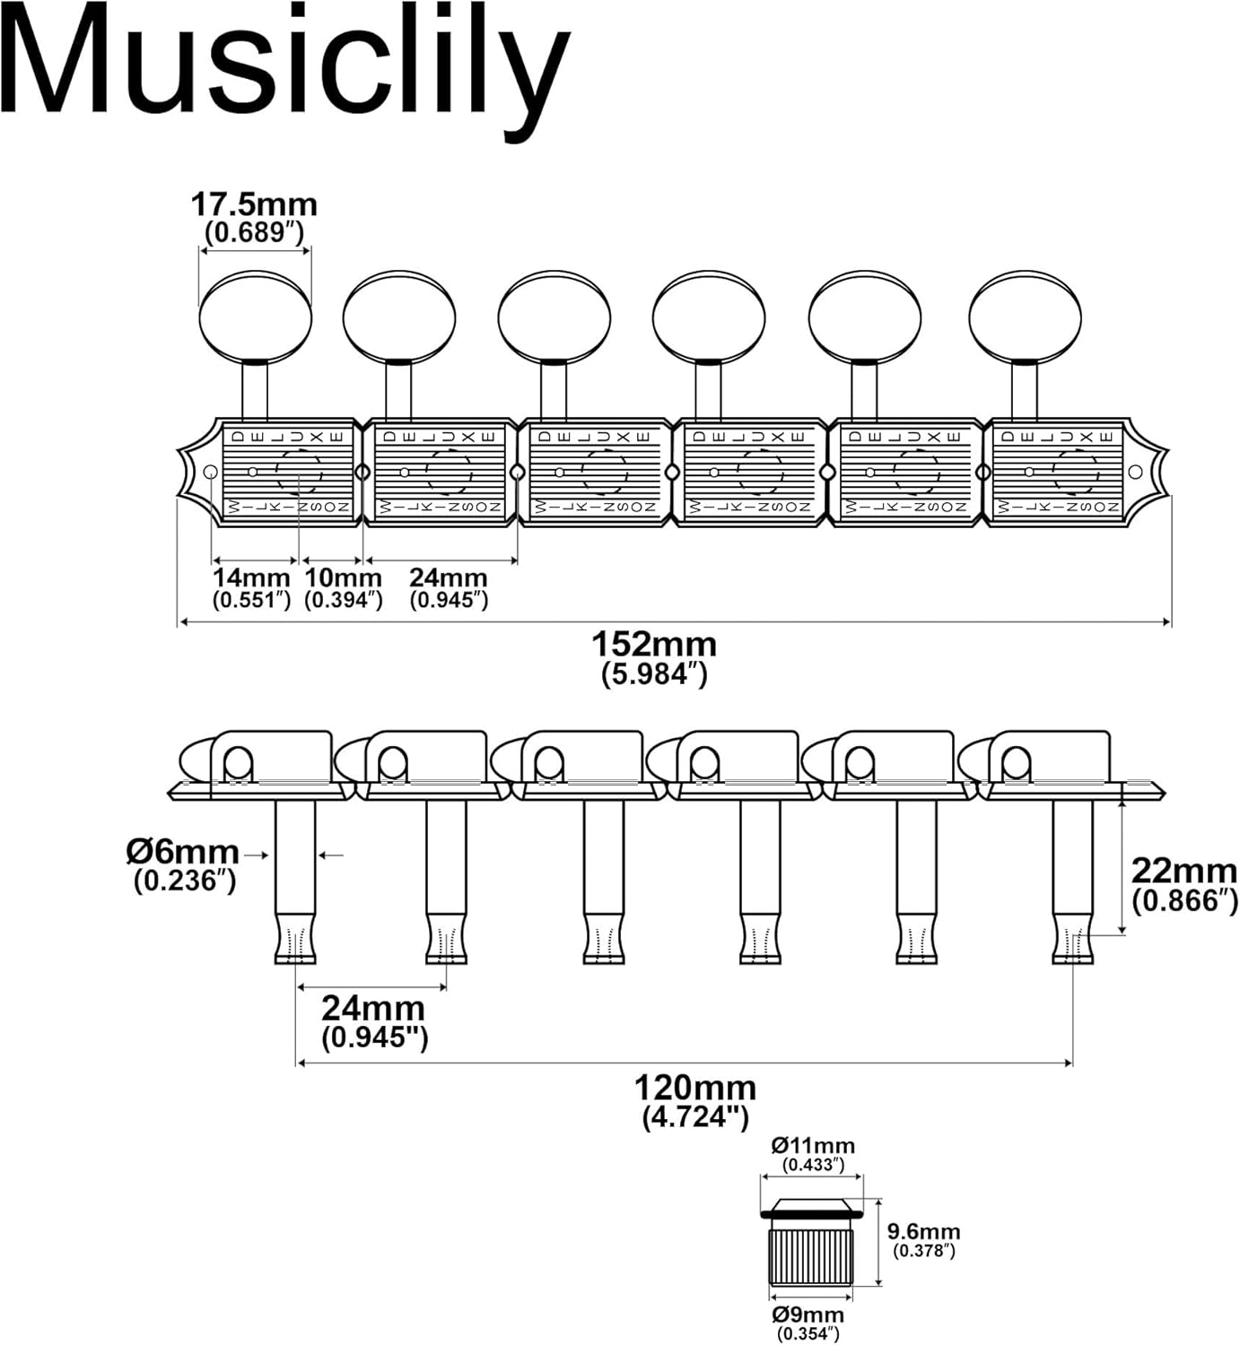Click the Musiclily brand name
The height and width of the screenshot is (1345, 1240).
(285, 67)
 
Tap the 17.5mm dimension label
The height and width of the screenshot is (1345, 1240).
(254, 205)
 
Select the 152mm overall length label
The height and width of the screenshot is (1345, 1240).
(654, 645)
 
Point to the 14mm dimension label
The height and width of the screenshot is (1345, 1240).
(251, 578)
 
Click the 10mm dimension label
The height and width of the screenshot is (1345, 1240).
(343, 578)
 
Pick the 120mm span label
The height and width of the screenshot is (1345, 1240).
(695, 1089)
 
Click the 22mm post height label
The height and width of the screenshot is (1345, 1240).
(1183, 871)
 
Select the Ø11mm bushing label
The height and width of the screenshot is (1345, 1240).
(813, 1146)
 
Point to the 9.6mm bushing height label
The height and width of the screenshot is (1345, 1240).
(924, 1232)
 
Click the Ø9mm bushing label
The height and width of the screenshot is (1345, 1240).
(808, 1315)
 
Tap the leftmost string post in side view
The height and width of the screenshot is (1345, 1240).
(295, 879)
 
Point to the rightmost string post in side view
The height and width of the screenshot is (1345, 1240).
(1072, 879)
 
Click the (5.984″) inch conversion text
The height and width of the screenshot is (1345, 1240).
(654, 674)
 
